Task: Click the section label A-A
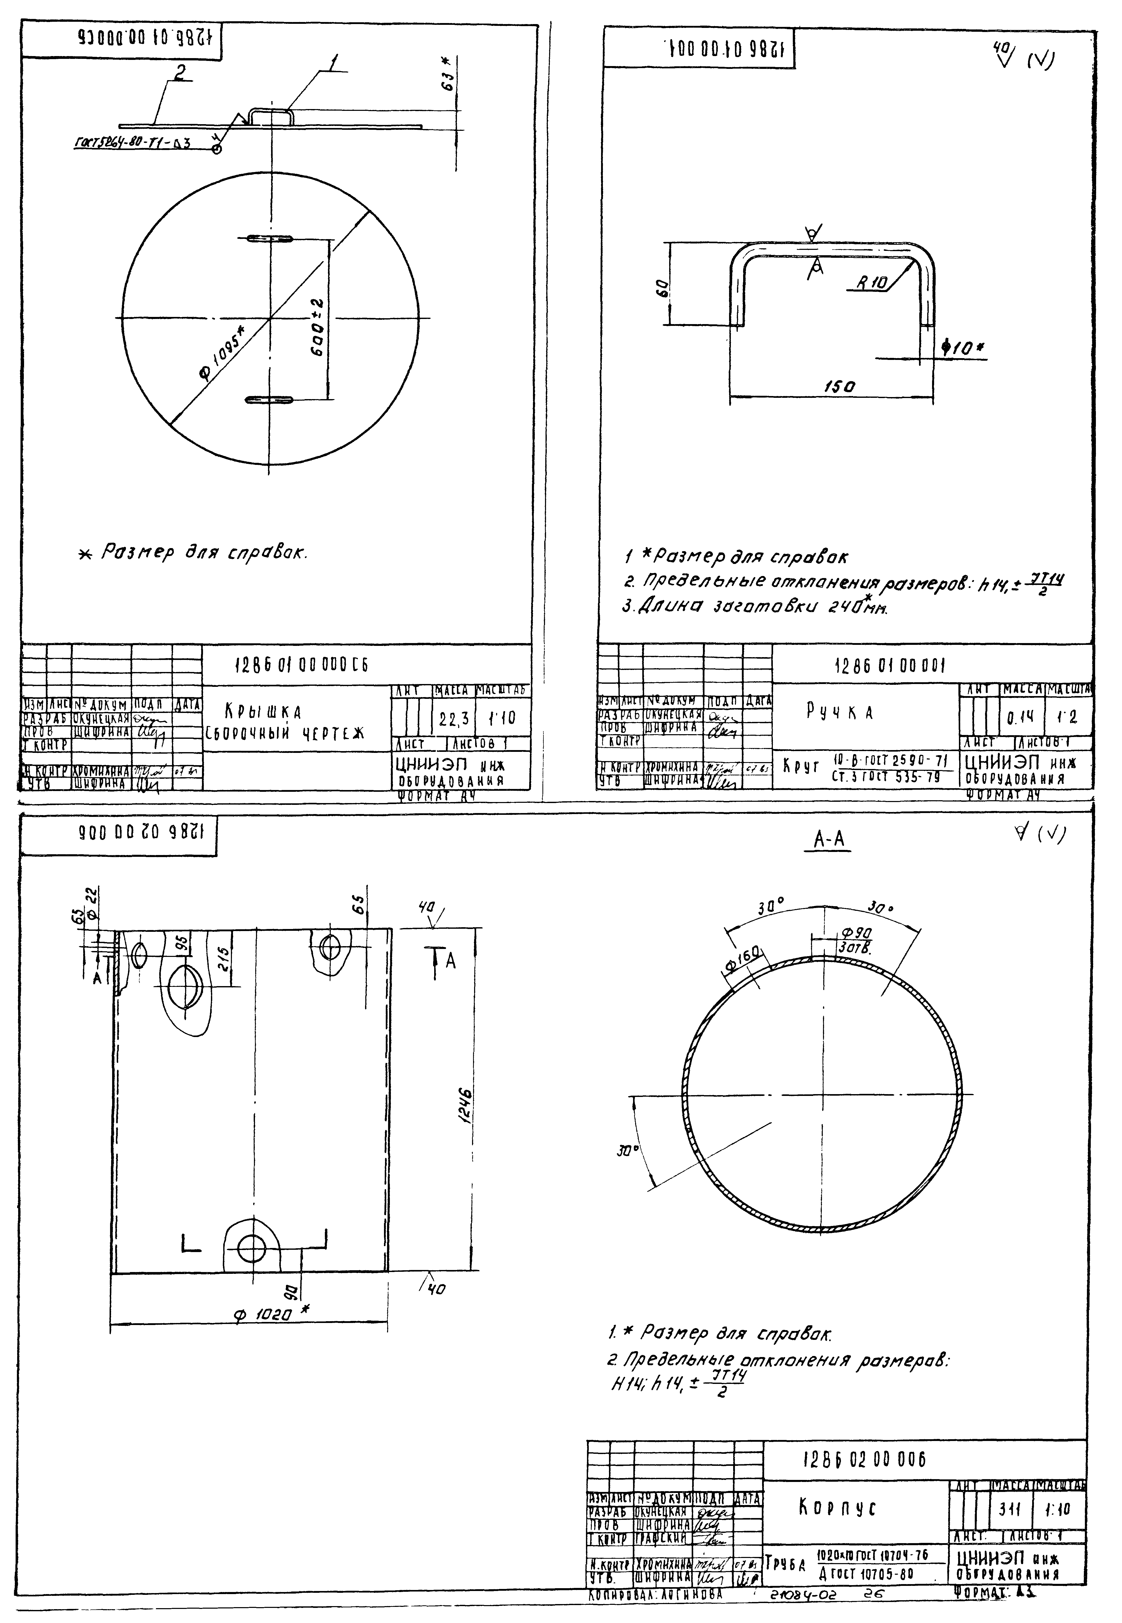(x=828, y=839)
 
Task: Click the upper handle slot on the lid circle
(x=269, y=239)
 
